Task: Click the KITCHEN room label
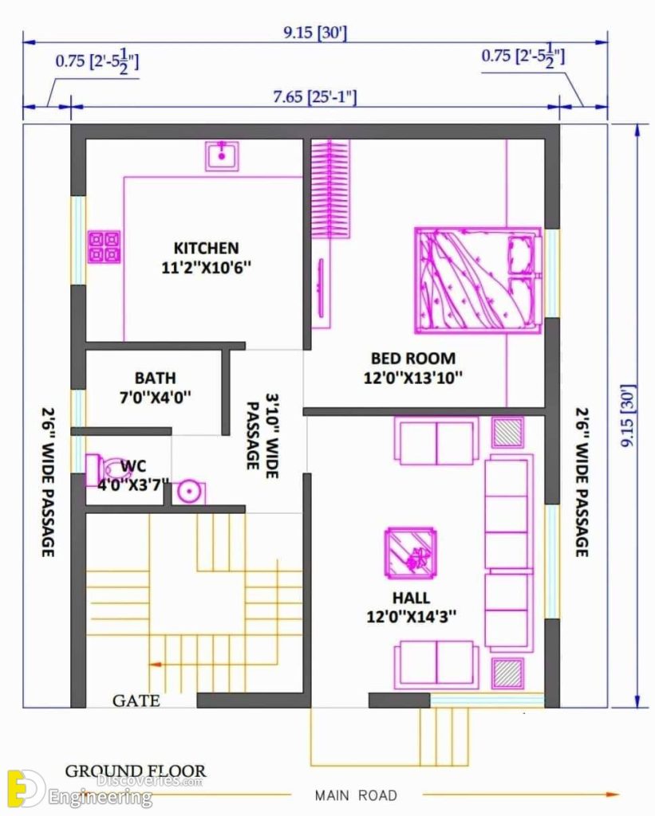point(206,248)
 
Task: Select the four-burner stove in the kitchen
point(104,247)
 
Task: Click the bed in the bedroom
point(477,280)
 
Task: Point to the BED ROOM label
point(412,359)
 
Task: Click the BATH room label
point(155,377)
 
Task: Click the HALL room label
point(411,598)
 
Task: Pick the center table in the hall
point(410,553)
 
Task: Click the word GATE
point(136,701)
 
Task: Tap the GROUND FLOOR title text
point(135,771)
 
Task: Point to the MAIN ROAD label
point(356,794)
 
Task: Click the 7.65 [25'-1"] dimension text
point(314,97)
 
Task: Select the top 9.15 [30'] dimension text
point(314,33)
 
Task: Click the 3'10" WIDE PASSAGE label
point(262,430)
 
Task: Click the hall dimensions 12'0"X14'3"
point(411,617)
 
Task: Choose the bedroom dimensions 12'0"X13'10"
point(412,379)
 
